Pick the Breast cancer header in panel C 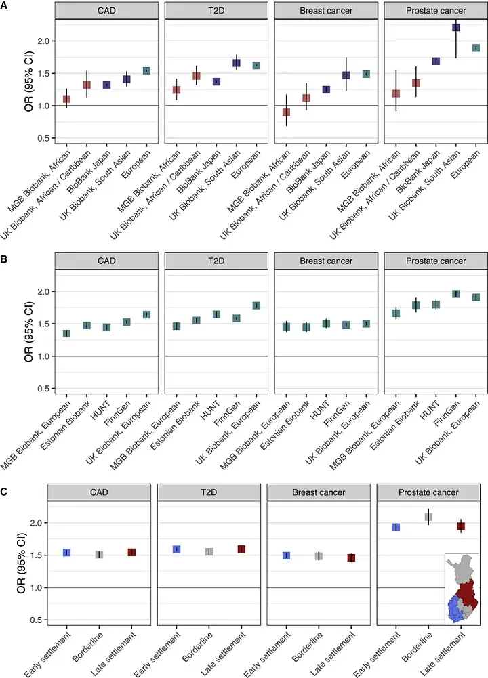tap(319, 492)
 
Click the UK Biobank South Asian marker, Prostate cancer tap(456, 28)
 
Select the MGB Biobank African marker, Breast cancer tap(286, 112)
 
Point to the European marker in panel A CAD tap(146, 70)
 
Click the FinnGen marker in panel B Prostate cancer tap(456, 293)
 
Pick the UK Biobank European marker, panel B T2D tap(256, 305)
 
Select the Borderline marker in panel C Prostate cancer tap(428, 517)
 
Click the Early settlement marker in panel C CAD tap(66, 553)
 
